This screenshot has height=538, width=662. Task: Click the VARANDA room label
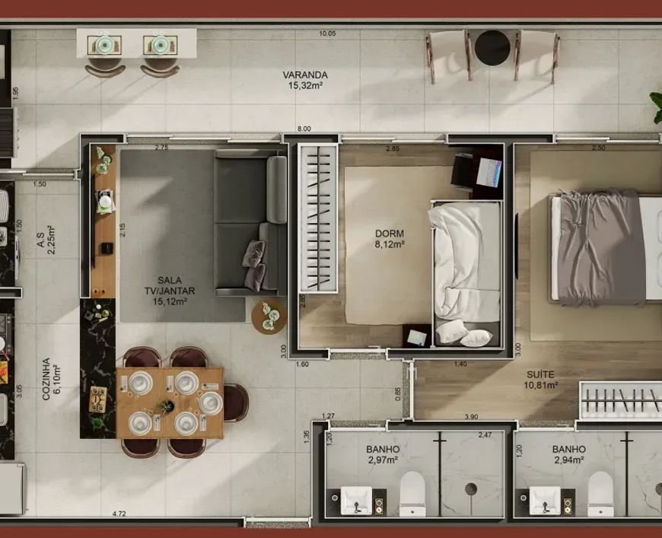tap(305, 75)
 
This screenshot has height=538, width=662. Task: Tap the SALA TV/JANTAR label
tap(170, 291)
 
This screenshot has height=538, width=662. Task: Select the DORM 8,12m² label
tap(390, 238)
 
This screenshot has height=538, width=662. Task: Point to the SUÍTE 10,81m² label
tap(541, 379)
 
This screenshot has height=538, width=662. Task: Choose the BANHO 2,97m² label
tap(383, 454)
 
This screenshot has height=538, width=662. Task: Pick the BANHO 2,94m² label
tap(568, 454)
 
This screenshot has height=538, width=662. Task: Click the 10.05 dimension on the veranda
tap(327, 33)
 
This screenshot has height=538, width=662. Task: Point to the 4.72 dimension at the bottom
tap(119, 514)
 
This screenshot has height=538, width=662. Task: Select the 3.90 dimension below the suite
tap(471, 417)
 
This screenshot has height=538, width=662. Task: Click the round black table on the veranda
tap(492, 48)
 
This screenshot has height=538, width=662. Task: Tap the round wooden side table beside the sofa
tap(269, 317)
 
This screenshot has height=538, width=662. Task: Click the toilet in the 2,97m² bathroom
tap(412, 494)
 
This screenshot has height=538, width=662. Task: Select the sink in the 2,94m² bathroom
tap(545, 501)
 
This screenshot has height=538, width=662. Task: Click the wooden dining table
tap(170, 403)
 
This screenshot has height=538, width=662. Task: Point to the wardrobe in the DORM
tap(318, 218)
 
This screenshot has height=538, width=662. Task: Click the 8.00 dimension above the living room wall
tap(304, 129)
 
